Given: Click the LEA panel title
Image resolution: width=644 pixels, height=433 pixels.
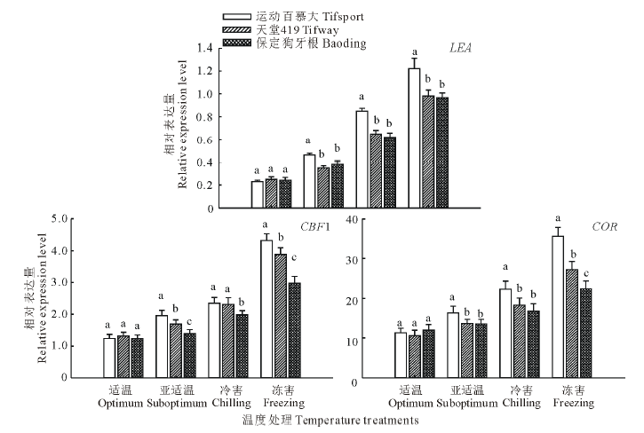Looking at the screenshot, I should point(460,49).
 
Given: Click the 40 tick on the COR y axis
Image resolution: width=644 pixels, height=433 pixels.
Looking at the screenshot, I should point(377,218).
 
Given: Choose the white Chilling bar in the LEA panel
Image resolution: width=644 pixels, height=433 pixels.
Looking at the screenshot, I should point(362,160).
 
